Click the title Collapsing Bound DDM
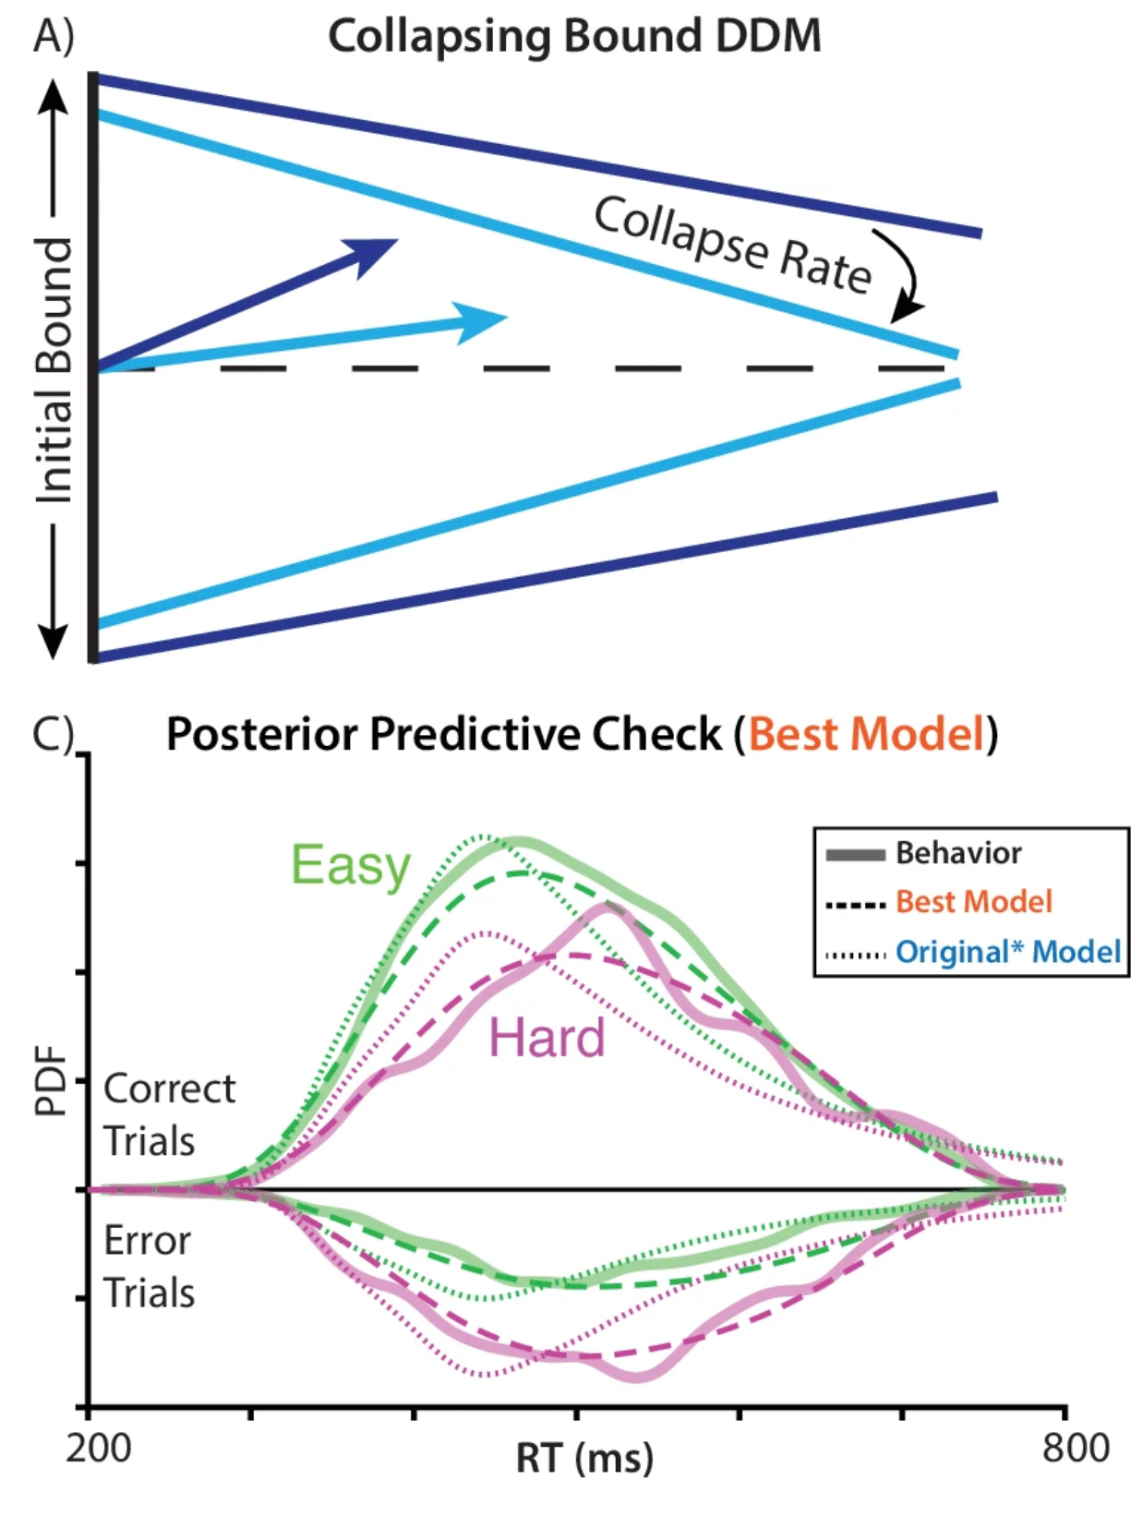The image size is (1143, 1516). point(573,37)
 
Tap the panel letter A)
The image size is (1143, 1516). point(53,37)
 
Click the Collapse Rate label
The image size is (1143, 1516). point(732,246)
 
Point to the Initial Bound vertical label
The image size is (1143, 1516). point(54,369)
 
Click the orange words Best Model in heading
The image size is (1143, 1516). point(867,735)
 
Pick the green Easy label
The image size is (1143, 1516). point(351,865)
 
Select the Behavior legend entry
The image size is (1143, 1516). point(957,853)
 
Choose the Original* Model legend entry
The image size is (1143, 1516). point(1007,952)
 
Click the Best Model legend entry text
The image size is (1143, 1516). point(973,902)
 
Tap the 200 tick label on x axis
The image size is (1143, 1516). point(98,1448)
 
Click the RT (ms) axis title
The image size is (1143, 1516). point(584,1459)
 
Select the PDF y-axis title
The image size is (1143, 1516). point(52,1080)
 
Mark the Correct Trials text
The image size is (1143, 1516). point(169,1115)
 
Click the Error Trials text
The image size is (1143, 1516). point(149,1267)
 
